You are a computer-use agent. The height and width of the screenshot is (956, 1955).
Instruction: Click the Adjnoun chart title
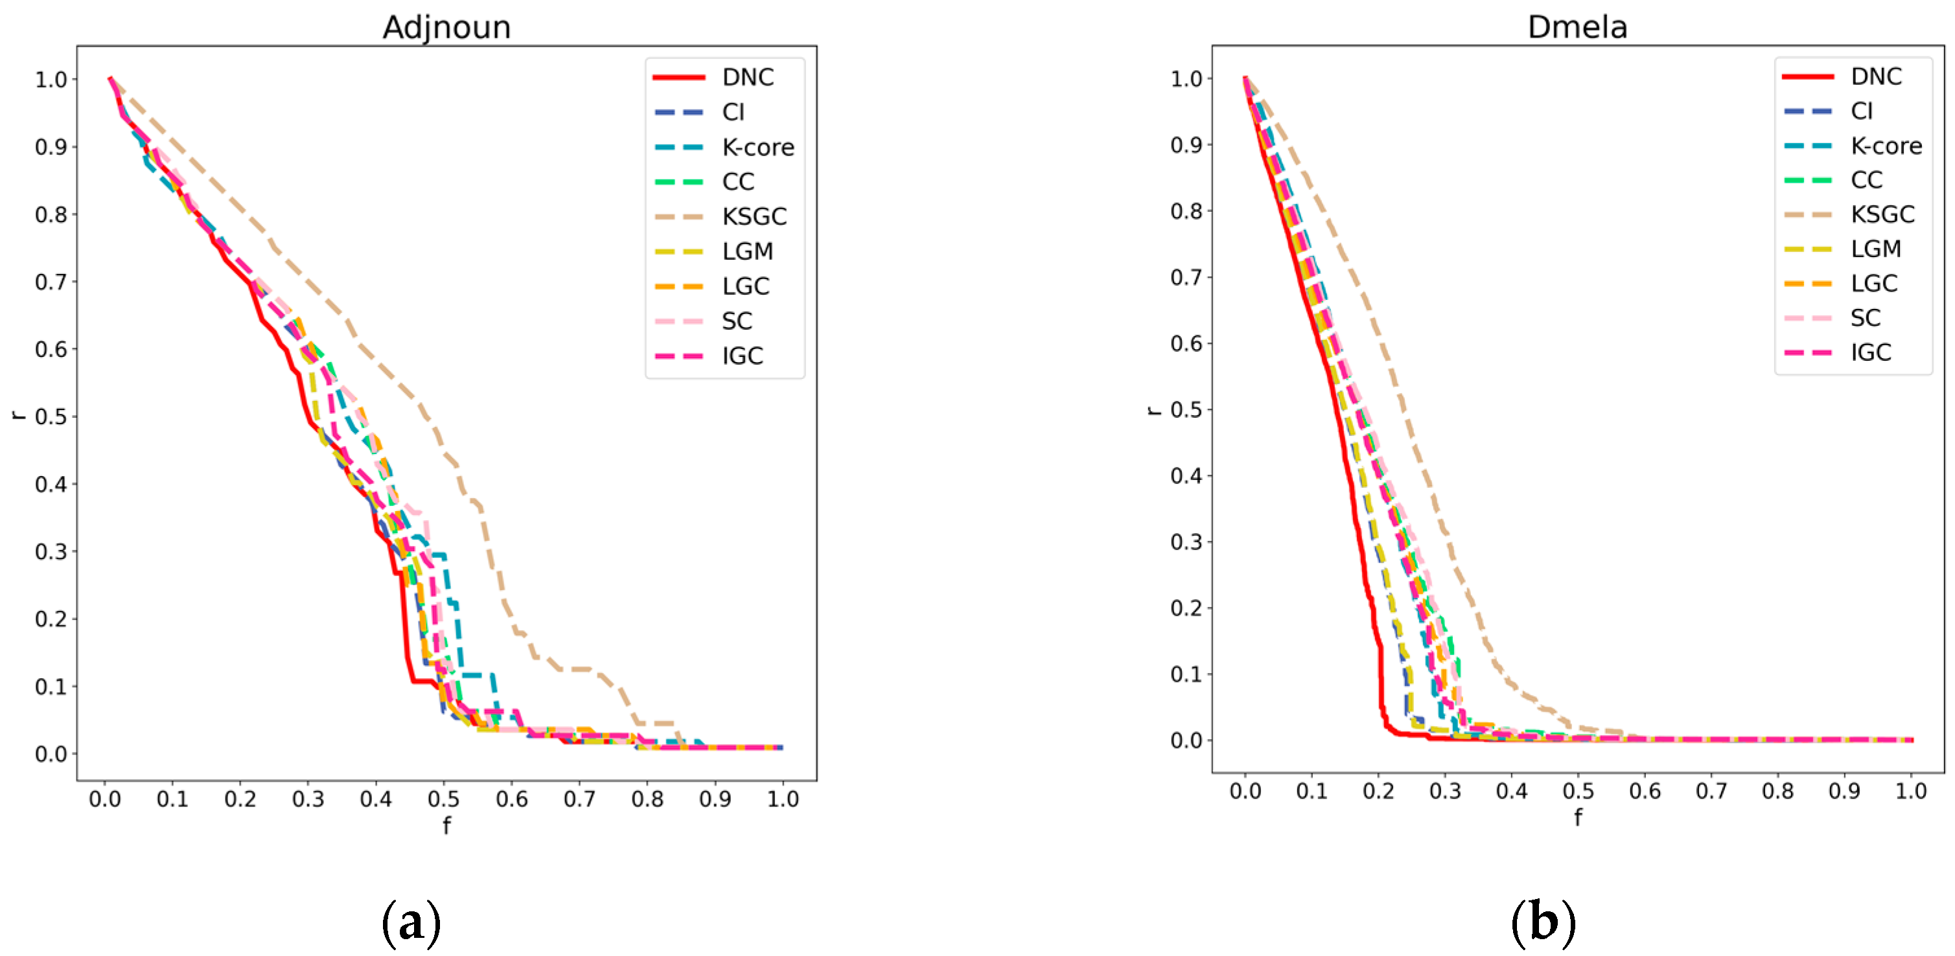(x=446, y=27)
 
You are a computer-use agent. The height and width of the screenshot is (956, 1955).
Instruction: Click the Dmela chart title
(x=1577, y=27)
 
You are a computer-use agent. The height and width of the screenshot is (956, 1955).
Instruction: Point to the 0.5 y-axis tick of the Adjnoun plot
(x=51, y=416)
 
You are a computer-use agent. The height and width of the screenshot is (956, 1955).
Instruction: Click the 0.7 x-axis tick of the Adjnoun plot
(x=579, y=799)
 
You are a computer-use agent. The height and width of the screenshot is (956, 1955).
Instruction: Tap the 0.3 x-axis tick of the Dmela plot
(x=1445, y=791)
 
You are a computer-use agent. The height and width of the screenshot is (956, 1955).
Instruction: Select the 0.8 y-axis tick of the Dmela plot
(x=1186, y=211)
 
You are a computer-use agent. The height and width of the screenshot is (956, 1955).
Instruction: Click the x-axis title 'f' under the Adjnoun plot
(x=446, y=826)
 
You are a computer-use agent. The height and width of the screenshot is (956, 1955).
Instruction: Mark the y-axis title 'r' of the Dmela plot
(x=1153, y=411)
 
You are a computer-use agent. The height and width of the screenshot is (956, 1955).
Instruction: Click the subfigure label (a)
(x=411, y=922)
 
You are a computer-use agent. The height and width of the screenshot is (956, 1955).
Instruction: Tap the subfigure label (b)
(x=1543, y=922)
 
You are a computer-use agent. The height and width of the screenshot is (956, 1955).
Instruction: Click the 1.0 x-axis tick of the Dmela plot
(x=1911, y=791)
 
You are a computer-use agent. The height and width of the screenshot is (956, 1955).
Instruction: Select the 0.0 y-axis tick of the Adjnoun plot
(x=51, y=754)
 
